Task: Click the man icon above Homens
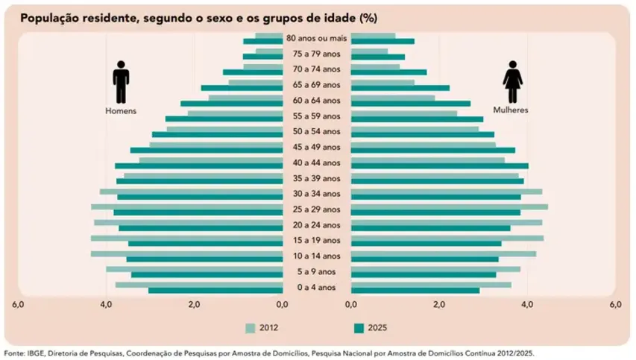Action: [x=121, y=82]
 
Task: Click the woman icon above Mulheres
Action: [x=512, y=82]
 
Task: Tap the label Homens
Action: [x=121, y=110]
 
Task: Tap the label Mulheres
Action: [x=511, y=110]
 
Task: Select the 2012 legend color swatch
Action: [x=251, y=328]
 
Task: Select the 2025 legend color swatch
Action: [x=358, y=328]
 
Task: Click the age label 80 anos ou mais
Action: [x=316, y=38]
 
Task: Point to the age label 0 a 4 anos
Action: [x=317, y=288]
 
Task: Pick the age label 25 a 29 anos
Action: [x=317, y=209]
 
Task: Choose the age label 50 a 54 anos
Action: [x=317, y=131]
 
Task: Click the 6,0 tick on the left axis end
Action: [x=19, y=305]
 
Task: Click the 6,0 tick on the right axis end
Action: [x=615, y=305]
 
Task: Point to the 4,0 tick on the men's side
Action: [x=106, y=305]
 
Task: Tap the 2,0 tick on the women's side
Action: [x=439, y=305]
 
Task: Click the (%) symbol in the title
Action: [x=367, y=17]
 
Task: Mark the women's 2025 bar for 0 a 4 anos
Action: [x=415, y=291]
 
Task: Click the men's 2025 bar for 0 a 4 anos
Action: [x=215, y=291]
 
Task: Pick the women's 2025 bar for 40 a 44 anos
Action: [x=440, y=165]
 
